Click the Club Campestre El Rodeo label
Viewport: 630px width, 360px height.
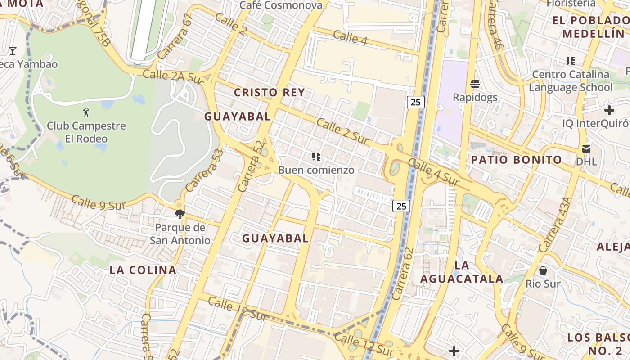pyautogui.click(x=86, y=132)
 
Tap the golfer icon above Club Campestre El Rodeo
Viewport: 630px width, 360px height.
pyautogui.click(x=86, y=112)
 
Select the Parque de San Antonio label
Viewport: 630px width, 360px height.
pyautogui.click(x=180, y=234)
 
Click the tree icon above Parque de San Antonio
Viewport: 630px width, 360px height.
pyautogui.click(x=180, y=214)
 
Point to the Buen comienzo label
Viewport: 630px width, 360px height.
pyautogui.click(x=316, y=170)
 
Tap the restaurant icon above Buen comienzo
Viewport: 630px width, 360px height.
pyautogui.click(x=316, y=157)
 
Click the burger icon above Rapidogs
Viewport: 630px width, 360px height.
pyautogui.click(x=475, y=84)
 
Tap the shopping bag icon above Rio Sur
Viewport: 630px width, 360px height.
pyautogui.click(x=543, y=270)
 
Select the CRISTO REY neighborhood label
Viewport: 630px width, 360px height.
pyautogui.click(x=270, y=93)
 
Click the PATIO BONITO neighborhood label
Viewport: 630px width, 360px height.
pyautogui.click(x=517, y=160)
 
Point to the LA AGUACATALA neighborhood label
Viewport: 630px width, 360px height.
pyautogui.click(x=462, y=272)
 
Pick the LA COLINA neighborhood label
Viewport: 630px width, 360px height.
pyautogui.click(x=143, y=270)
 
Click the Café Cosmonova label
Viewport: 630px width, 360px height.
pyautogui.click(x=281, y=5)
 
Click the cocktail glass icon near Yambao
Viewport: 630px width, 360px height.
pyautogui.click(x=13, y=50)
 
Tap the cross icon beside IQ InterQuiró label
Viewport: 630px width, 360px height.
pyautogui.click(x=609, y=110)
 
